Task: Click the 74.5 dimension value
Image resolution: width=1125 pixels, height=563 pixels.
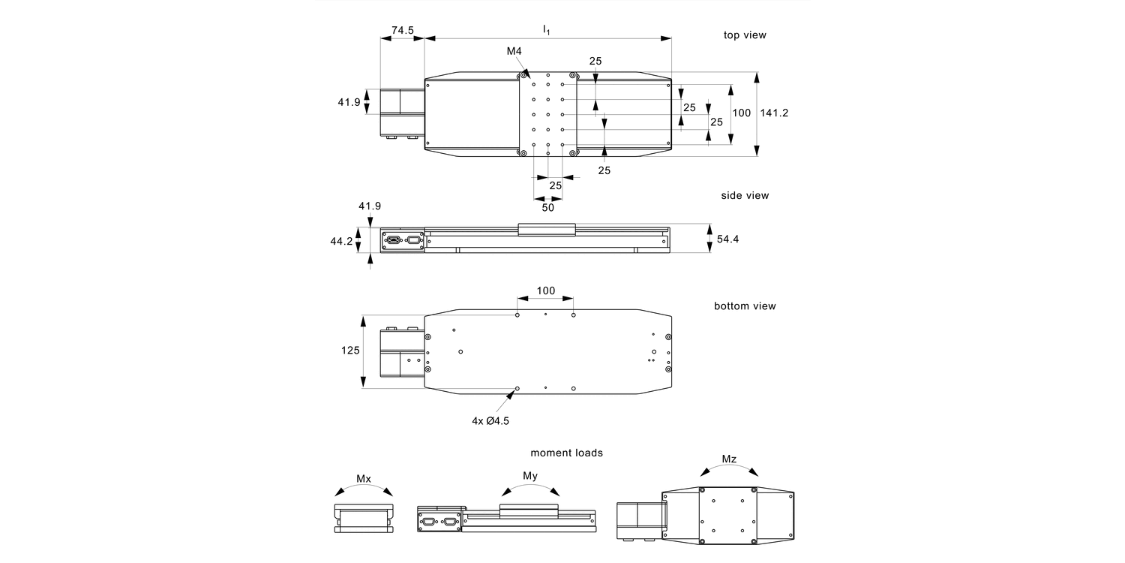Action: tap(402, 30)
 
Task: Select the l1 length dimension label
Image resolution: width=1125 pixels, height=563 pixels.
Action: tap(547, 29)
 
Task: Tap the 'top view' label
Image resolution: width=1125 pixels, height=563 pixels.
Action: tap(745, 35)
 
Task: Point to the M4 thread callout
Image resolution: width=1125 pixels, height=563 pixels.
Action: tap(514, 51)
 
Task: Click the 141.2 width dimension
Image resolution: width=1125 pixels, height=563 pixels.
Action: tap(774, 113)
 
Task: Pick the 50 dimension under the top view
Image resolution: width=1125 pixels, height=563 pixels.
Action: tap(548, 208)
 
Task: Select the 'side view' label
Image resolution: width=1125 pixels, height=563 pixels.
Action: tap(745, 195)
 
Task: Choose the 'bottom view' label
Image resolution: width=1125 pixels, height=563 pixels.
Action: tap(745, 306)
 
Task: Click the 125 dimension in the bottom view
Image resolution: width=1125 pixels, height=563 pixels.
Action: tap(349, 350)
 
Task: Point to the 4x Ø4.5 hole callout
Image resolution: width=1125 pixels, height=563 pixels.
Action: tap(490, 421)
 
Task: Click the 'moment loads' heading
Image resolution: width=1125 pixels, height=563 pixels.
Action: tap(566, 453)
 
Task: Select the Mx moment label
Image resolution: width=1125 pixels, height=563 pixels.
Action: tap(364, 478)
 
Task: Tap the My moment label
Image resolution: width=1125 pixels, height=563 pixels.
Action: tap(529, 475)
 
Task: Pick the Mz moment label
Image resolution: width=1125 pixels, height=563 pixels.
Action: tap(729, 458)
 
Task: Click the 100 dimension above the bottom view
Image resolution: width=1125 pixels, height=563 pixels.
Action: tap(546, 291)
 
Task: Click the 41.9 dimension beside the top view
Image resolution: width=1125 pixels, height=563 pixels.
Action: tap(349, 102)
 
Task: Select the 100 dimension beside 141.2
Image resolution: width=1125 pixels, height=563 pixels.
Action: tap(741, 113)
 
